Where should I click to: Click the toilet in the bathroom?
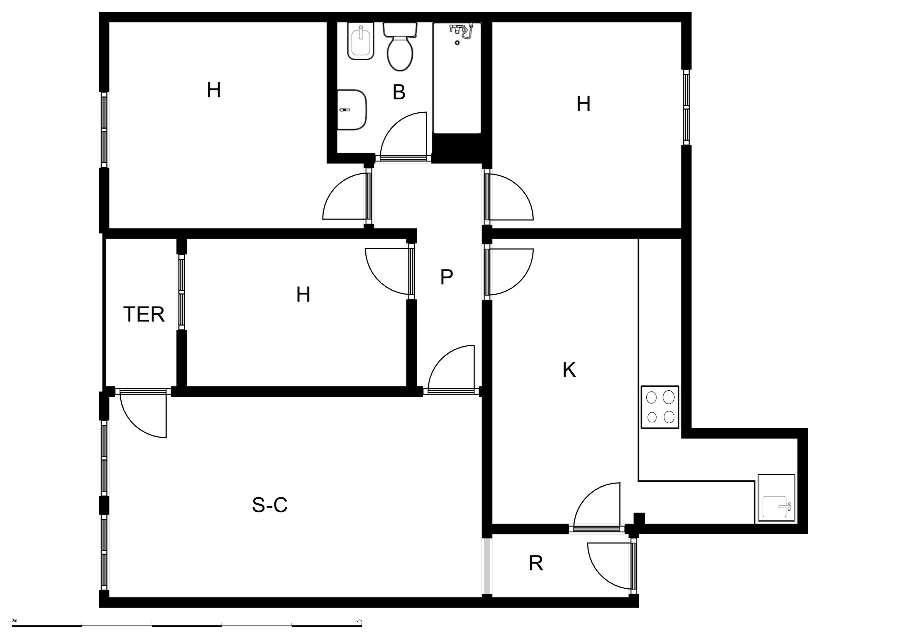(x=400, y=47)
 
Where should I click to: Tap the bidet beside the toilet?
(x=361, y=41)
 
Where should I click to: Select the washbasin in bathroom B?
(x=352, y=110)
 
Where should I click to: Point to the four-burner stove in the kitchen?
(x=660, y=407)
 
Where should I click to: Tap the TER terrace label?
(x=144, y=314)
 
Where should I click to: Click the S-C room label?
(x=270, y=505)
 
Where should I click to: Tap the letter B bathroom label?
(x=399, y=92)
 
